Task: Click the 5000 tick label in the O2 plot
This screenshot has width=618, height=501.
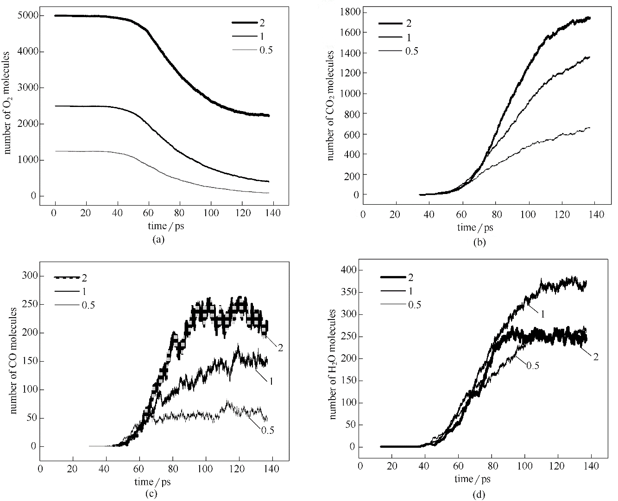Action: pos(31,16)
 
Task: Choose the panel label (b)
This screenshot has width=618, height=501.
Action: pos(479,241)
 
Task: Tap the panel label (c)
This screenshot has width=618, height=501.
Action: pos(151,494)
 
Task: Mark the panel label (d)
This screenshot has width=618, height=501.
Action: pos(479,495)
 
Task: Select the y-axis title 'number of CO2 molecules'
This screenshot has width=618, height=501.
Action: pos(330,106)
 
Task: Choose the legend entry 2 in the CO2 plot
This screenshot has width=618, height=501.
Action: pos(408,23)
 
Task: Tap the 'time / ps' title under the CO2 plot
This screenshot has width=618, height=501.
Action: pos(475,227)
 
